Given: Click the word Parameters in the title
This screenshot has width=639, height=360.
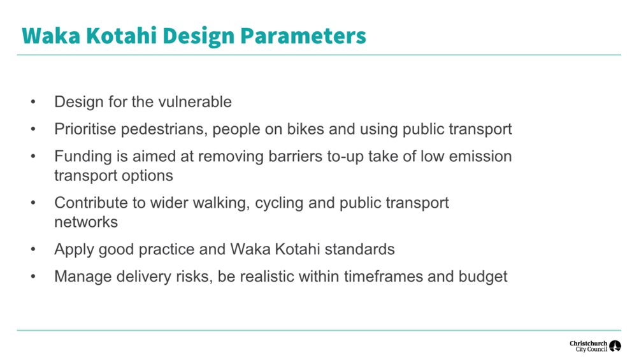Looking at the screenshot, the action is pos(303,36).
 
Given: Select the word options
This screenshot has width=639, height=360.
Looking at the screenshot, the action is pos(148,176).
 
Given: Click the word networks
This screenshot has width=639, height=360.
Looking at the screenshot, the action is pos(86,222).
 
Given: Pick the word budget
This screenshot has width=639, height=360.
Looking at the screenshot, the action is pos(483,277).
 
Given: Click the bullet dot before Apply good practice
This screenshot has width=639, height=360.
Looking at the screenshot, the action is pos(33,249).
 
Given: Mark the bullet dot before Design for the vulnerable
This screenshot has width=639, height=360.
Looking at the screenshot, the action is pos(33,101).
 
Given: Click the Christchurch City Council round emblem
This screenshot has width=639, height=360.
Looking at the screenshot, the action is pos(615,346).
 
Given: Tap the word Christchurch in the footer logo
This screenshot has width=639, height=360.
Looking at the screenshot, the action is pos(588,343).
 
